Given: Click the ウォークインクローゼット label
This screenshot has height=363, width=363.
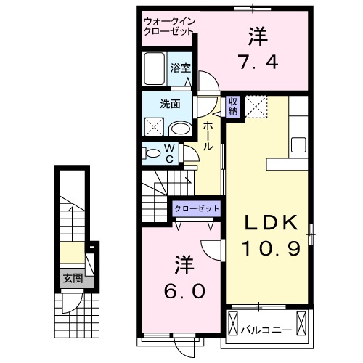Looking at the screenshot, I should click(x=169, y=27).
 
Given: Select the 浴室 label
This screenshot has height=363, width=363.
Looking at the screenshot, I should click(x=181, y=69).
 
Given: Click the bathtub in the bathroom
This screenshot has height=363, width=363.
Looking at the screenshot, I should click(x=155, y=70).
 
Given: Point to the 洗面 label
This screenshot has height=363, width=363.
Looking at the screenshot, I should click(x=171, y=104).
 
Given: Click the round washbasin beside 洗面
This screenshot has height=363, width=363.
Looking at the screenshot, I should click(x=180, y=129).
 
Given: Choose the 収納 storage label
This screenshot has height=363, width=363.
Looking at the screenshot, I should click(x=233, y=106).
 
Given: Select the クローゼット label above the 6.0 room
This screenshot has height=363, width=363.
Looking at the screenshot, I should click(x=196, y=208).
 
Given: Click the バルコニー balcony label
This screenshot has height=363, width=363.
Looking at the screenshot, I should click(x=267, y=330).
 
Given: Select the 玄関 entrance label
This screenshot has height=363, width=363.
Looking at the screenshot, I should click(x=71, y=278).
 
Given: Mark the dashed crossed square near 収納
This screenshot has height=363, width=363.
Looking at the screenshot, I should click(x=256, y=107).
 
